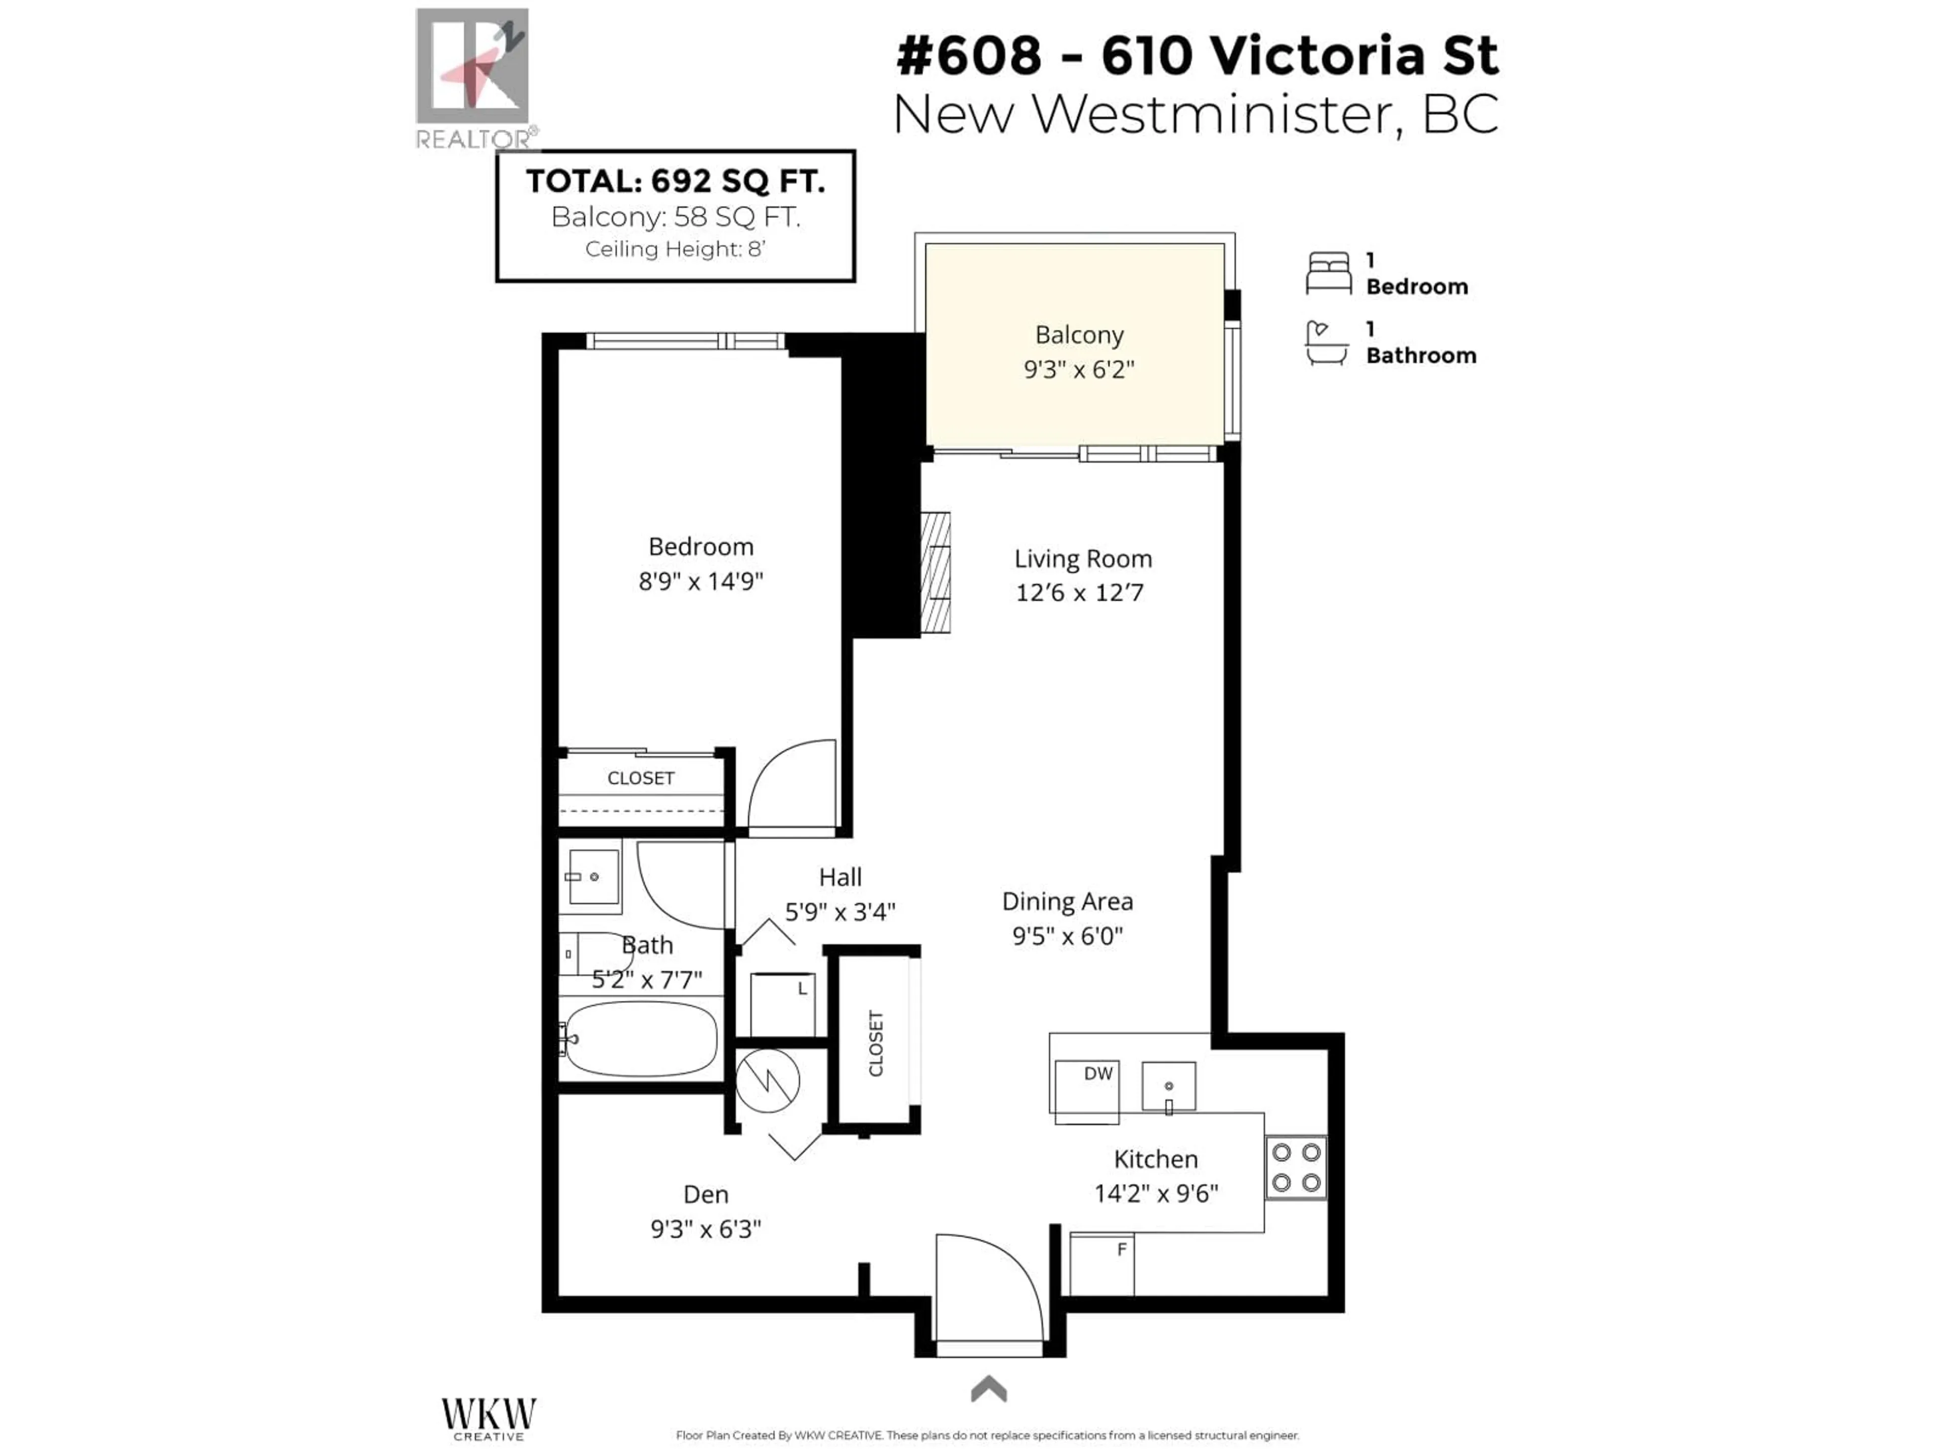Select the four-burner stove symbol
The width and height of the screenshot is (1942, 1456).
tap(1296, 1167)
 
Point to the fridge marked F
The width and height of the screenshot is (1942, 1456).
tap(1102, 1264)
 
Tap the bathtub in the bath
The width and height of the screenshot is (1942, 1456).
tap(640, 1039)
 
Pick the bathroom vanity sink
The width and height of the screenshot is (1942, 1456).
tap(594, 876)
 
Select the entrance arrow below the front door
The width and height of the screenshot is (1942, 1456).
tap(989, 1388)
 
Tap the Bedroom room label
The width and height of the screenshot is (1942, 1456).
tap(700, 547)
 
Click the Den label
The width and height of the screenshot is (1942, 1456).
tap(706, 1195)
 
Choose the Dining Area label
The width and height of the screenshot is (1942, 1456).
tap(1068, 901)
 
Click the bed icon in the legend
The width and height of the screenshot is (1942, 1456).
tap(1328, 273)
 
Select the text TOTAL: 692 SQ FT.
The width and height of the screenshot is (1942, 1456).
tap(675, 181)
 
